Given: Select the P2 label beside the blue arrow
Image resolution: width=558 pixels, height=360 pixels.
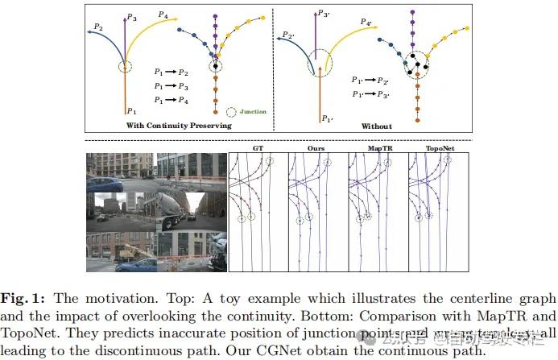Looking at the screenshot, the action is pos(97,27).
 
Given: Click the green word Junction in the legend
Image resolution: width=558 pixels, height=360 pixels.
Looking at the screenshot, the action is pos(253,112).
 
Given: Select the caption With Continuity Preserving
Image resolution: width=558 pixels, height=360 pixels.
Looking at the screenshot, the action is pos(179,126).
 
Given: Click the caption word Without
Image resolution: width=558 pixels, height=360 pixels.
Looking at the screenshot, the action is pos(376,126).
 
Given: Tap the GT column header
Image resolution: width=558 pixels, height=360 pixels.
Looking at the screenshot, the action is pos(258,148).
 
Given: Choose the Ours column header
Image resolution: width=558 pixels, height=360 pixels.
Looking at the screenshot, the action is pos(316,148).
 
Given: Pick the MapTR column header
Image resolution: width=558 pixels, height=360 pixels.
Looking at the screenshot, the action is pos(376,148).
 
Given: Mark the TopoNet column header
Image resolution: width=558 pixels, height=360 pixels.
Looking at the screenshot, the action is pos(436,148).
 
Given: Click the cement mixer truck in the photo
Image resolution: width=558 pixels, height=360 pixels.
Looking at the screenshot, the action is pos(169,206).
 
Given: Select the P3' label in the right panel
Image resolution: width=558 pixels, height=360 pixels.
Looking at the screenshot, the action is pos(323,14).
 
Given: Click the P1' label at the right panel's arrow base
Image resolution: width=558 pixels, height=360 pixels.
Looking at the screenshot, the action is pos(327,118).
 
